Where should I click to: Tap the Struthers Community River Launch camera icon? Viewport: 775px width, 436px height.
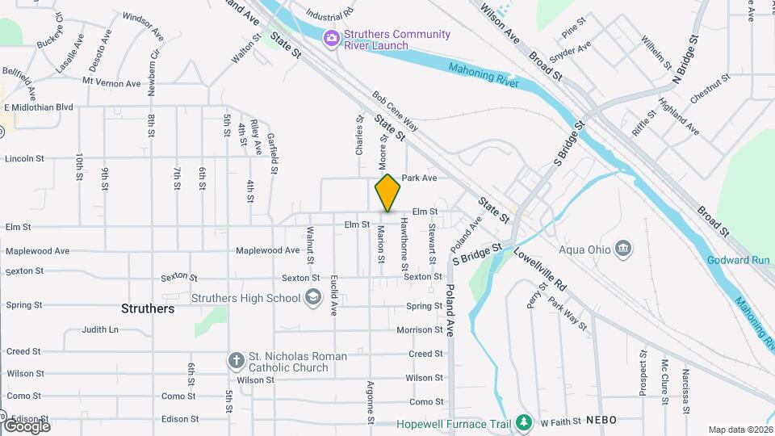(x=330, y=38)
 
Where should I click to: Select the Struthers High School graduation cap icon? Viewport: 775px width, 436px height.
(x=312, y=299)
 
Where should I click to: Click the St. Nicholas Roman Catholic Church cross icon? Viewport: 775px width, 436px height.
(x=236, y=362)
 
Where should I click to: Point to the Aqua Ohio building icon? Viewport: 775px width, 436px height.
(x=622, y=248)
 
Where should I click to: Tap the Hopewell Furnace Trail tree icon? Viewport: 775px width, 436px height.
(x=524, y=422)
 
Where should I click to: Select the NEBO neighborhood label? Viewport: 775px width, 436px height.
(x=601, y=420)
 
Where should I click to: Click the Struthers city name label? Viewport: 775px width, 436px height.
(x=148, y=308)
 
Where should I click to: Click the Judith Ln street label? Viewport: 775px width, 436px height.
(x=100, y=329)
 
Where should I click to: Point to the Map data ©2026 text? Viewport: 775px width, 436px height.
(x=739, y=430)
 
